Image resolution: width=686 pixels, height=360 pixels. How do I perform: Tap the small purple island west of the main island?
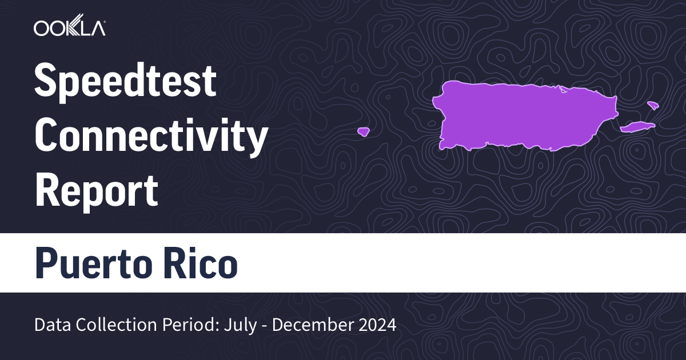363,131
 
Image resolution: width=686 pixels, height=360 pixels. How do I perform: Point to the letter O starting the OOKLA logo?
41,28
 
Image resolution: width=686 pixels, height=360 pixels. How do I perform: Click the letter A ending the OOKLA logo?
97,28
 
